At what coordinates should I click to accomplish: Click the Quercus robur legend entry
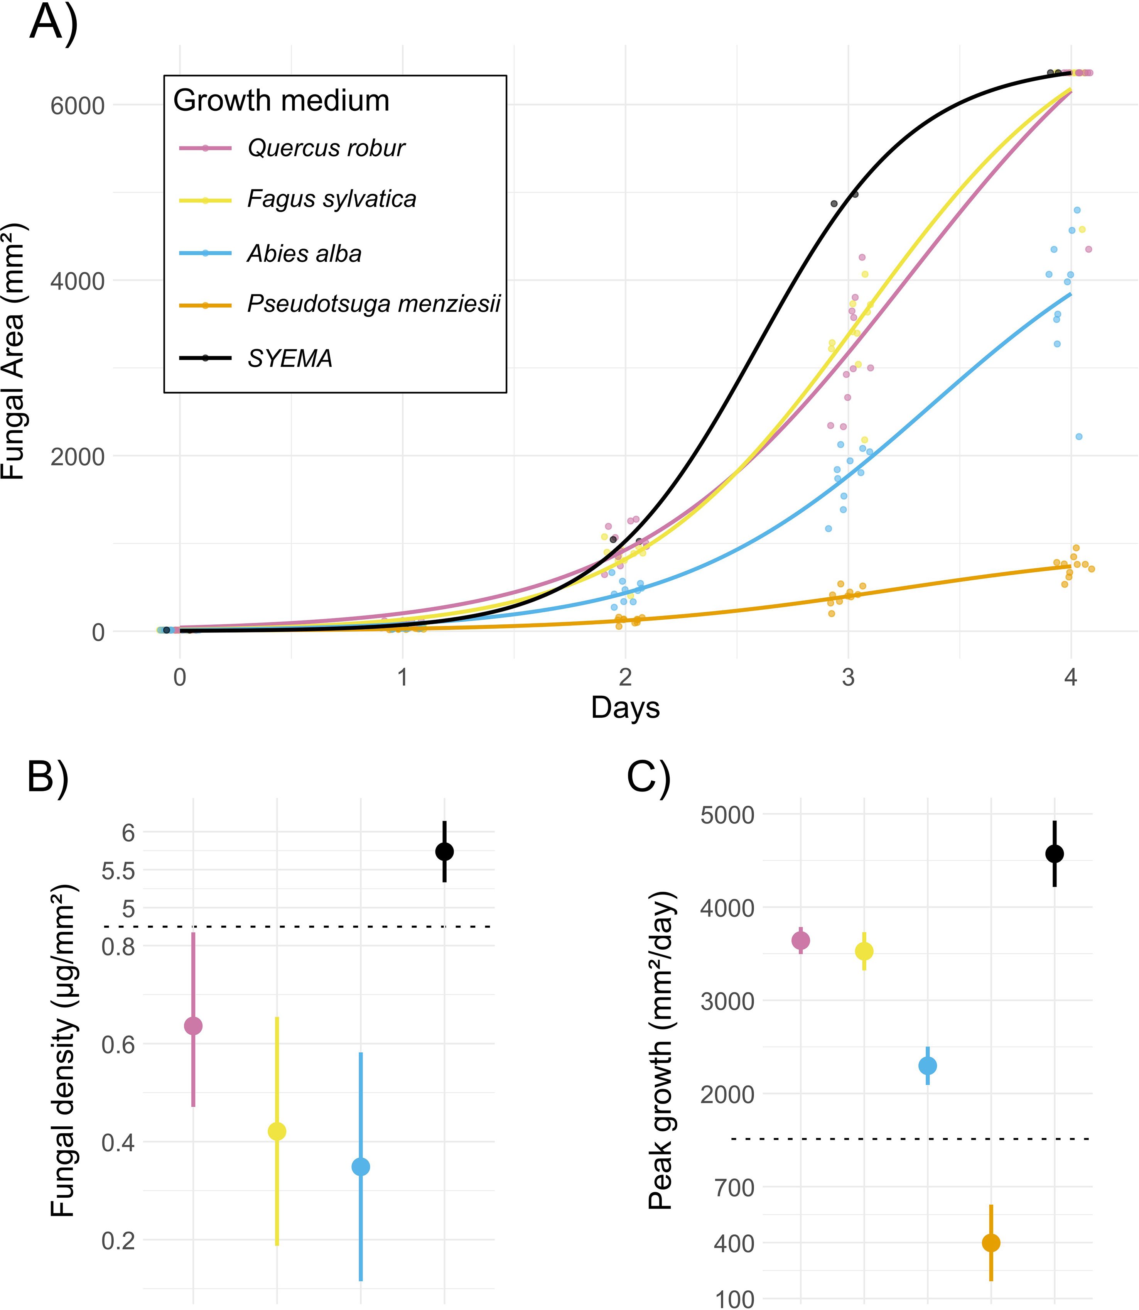pyautogui.click(x=326, y=148)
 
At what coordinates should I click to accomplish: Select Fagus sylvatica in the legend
pyautogui.click(x=331, y=199)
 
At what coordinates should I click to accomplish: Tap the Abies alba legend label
pyautogui.click(x=304, y=254)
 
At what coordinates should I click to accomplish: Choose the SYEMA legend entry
pyautogui.click(x=290, y=359)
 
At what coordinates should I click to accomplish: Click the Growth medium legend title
pyautogui.click(x=281, y=100)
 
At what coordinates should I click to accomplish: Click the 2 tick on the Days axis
pyautogui.click(x=626, y=677)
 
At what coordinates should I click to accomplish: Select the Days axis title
pyautogui.click(x=626, y=708)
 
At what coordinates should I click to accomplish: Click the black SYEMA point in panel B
pyautogui.click(x=444, y=852)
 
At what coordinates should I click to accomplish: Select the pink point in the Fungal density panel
pyautogui.click(x=193, y=1026)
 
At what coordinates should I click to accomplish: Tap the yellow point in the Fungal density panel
pyautogui.click(x=277, y=1131)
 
